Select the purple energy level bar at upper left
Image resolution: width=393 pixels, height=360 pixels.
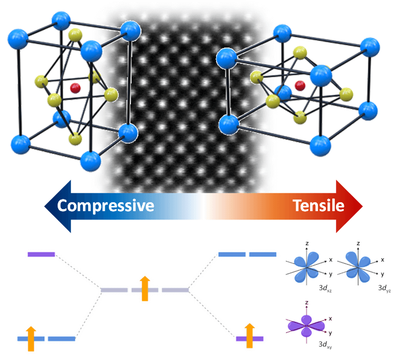(x=41, y=254)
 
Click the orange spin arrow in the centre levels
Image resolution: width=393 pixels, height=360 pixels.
(x=144, y=288)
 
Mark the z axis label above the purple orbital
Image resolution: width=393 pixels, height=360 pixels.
(x=306, y=303)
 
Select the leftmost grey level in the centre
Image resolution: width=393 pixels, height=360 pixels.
(x=114, y=290)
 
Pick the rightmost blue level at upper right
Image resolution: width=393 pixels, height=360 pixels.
(x=263, y=254)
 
